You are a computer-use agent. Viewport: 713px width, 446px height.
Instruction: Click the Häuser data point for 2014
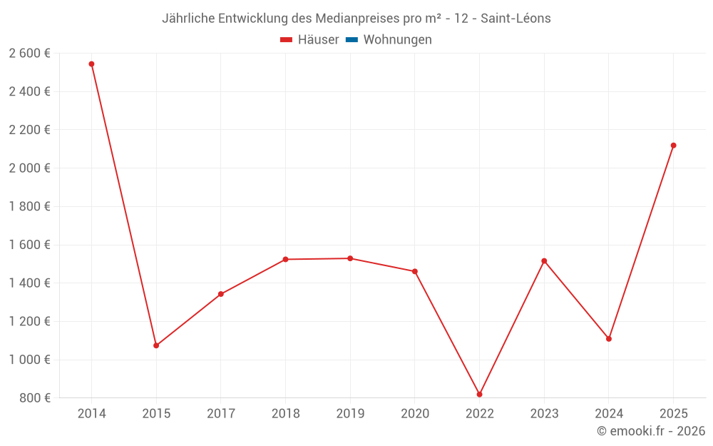[x=91, y=64]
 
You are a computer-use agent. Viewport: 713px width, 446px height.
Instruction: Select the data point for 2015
[x=156, y=345]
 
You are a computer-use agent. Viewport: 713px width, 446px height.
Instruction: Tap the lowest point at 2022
[x=479, y=394]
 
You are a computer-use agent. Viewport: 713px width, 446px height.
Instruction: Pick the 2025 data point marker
[x=673, y=146]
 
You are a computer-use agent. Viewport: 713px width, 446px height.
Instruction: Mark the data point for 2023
[x=544, y=261]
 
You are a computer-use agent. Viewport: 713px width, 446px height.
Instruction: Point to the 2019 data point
[x=350, y=258]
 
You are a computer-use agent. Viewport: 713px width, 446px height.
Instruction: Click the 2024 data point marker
[x=609, y=339]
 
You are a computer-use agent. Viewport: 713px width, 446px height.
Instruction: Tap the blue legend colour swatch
[x=352, y=40]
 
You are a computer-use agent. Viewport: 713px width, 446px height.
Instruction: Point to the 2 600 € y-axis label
[x=30, y=54]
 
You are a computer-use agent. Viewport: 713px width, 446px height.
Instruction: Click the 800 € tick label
[x=35, y=398]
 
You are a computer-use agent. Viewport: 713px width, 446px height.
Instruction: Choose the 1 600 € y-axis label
[x=30, y=245]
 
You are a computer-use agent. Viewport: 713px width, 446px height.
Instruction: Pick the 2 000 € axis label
[x=30, y=168]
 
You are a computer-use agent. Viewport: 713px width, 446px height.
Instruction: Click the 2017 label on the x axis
[x=221, y=414]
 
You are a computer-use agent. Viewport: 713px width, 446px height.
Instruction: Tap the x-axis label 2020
[x=415, y=414]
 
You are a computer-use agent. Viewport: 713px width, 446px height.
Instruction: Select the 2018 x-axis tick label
[x=285, y=414]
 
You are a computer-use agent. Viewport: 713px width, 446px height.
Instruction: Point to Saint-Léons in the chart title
[x=515, y=19]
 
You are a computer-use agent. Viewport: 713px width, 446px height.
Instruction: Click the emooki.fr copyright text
[x=651, y=431]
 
